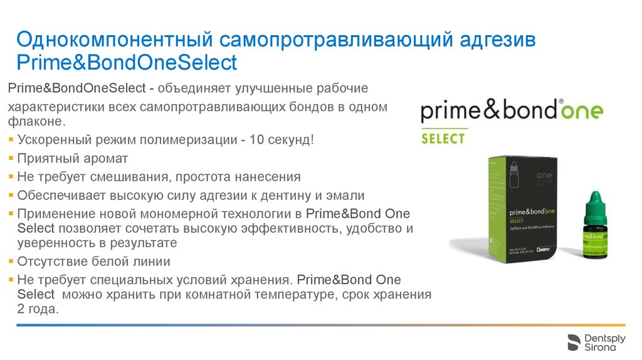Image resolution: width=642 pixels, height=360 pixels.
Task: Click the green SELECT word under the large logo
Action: pos(443,138)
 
